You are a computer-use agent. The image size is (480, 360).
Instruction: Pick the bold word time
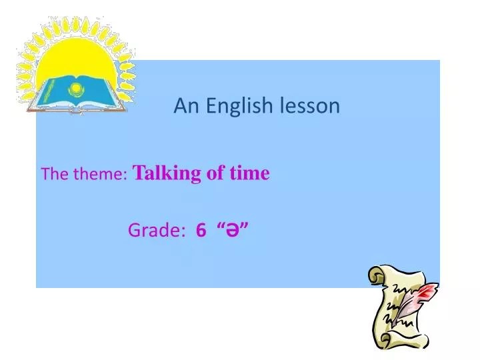coord(249,173)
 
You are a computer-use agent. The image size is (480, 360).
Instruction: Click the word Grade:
coord(157,231)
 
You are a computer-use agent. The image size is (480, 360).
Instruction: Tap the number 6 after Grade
coord(201,231)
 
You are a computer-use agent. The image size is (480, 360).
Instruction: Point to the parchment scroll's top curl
coord(380,274)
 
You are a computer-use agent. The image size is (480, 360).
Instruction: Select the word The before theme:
coord(51,175)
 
